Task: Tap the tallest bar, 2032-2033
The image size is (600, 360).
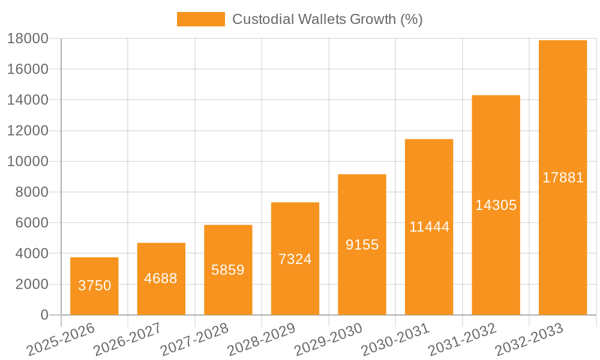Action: [x=563, y=177]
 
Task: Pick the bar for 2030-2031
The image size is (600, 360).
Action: [x=429, y=227]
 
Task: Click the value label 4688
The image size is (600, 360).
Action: [x=161, y=278]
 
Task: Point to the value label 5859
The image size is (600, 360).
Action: [x=228, y=270]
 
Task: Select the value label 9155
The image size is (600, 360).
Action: [x=362, y=245]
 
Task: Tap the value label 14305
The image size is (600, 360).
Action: [x=496, y=205]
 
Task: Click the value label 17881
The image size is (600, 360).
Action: [x=563, y=178]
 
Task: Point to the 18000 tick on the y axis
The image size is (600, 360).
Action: [x=28, y=38]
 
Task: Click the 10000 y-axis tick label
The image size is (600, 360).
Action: [x=28, y=161]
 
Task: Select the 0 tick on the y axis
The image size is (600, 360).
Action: [x=44, y=315]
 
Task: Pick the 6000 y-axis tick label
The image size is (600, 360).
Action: [x=32, y=223]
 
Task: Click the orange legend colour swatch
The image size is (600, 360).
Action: [x=200, y=19]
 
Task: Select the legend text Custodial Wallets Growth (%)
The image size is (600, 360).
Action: [x=327, y=19]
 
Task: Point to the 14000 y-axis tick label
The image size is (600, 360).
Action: [x=28, y=100]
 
